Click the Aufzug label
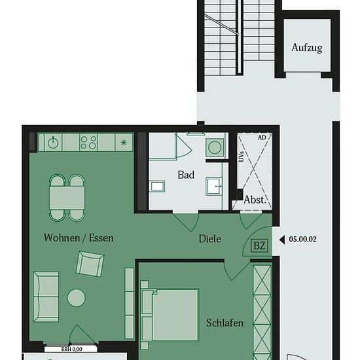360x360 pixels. tap(307, 48)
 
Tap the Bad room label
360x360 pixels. tap(186, 175)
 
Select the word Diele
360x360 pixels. tap(210, 239)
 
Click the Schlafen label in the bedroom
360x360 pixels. tap(225, 323)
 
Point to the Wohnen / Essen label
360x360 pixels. tap(79, 238)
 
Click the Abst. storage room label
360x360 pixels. tap(255, 200)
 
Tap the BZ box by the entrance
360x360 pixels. tap(260, 246)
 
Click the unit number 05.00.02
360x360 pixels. tap(302, 239)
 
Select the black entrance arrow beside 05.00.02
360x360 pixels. tap(282, 240)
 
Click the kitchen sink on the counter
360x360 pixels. tap(53, 143)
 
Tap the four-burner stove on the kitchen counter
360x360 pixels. tap(88, 143)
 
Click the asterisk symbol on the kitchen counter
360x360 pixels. tap(124, 143)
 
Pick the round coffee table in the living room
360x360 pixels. tap(76, 298)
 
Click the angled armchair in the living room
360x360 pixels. tap(90, 264)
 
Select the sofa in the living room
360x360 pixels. tap(46, 297)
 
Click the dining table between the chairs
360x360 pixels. tap(67, 198)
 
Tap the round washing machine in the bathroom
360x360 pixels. tap(215, 147)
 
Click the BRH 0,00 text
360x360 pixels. tap(71, 350)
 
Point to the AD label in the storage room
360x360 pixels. tap(262, 137)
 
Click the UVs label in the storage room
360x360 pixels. tap(241, 156)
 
